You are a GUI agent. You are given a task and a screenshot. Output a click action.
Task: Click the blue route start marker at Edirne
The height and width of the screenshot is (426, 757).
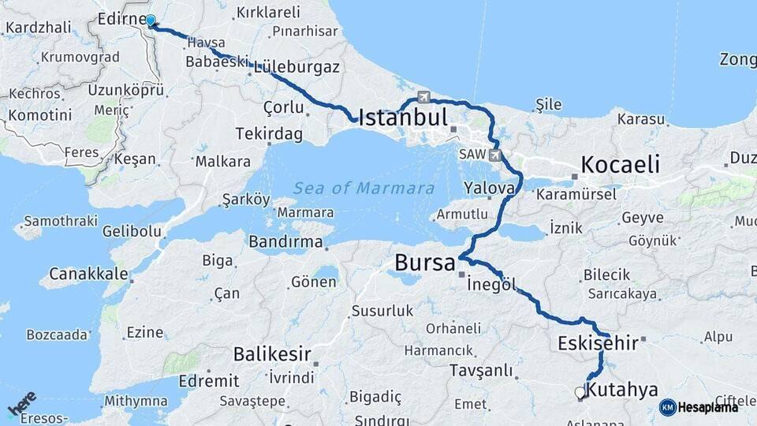click(x=151, y=21)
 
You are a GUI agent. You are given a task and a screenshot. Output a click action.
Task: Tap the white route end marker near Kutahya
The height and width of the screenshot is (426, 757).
click(x=580, y=392)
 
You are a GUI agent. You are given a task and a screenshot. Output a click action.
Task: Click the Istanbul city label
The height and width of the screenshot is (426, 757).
click(x=403, y=118)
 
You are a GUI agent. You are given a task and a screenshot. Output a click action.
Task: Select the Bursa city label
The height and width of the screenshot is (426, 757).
click(x=425, y=262)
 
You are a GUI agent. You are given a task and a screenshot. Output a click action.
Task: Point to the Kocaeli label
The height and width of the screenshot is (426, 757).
click(x=620, y=164)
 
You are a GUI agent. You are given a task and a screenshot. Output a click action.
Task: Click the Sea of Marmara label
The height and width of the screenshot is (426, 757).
click(x=364, y=188)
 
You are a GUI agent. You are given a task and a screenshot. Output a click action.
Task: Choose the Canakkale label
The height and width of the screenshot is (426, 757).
click(x=88, y=274)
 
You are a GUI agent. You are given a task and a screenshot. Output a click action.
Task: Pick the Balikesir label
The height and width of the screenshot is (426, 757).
click(x=272, y=354)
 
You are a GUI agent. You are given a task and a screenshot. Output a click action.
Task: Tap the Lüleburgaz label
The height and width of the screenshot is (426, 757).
click(x=296, y=67)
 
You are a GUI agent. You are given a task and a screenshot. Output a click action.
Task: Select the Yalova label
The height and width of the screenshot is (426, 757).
click(x=489, y=189)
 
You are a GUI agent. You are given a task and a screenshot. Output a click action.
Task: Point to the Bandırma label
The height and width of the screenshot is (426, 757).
click(x=285, y=241)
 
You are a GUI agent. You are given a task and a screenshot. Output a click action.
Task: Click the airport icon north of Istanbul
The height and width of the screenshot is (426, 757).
click(x=425, y=97)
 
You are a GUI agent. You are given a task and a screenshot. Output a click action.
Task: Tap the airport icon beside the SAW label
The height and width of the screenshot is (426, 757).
click(x=494, y=155)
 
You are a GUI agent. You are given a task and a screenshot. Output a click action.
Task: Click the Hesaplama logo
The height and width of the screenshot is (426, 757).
click(x=699, y=407)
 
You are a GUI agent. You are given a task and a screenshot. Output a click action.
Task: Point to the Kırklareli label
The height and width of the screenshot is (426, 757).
click(x=268, y=12)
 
